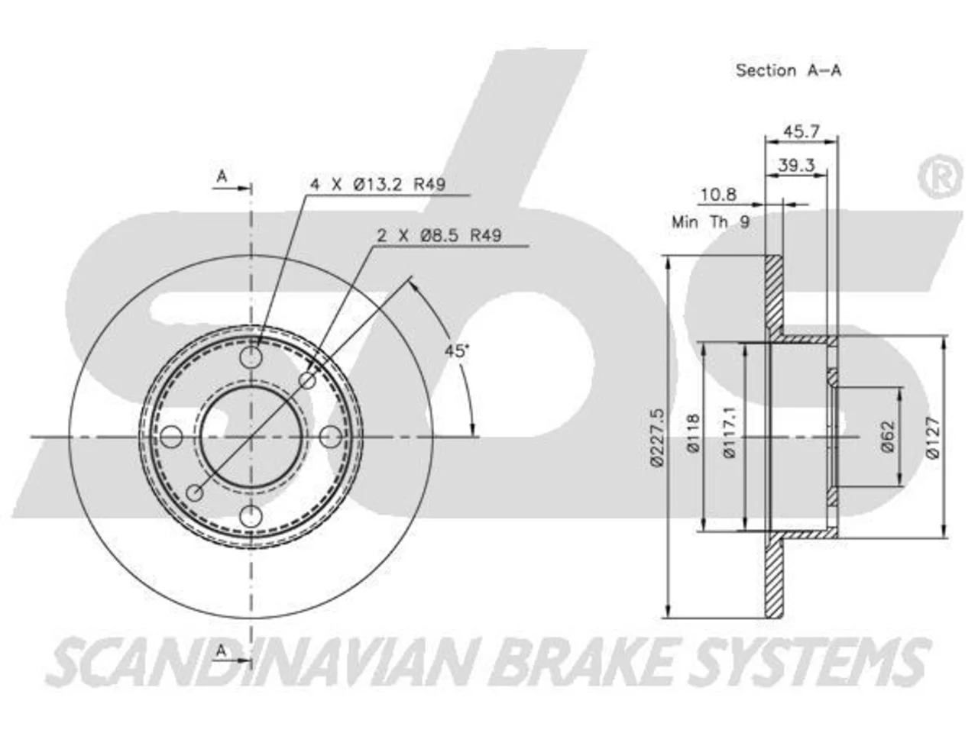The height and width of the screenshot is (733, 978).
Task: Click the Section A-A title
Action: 789,70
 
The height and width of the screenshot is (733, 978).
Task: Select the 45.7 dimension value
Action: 801,131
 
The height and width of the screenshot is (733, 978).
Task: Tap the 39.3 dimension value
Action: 796,165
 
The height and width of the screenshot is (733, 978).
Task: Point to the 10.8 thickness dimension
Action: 719,195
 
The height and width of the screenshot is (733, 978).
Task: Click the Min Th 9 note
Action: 711,221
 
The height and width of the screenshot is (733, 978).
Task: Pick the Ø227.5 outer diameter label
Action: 658,438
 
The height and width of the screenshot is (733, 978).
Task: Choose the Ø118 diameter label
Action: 694,434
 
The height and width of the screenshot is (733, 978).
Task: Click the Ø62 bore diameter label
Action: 888,436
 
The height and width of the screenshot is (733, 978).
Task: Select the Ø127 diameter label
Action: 932,437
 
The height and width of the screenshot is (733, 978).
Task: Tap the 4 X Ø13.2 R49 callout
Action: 378,184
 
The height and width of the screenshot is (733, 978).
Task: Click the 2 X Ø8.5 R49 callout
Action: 439,235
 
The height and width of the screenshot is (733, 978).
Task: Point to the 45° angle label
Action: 456,350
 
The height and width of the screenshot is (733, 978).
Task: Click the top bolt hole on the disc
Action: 251,357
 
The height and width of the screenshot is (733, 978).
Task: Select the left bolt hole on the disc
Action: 171,437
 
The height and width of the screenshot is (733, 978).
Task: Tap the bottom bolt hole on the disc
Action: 251,517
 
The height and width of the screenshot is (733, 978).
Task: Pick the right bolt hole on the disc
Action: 331,437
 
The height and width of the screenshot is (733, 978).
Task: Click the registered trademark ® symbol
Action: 940,176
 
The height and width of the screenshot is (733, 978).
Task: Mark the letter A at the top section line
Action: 222,176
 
